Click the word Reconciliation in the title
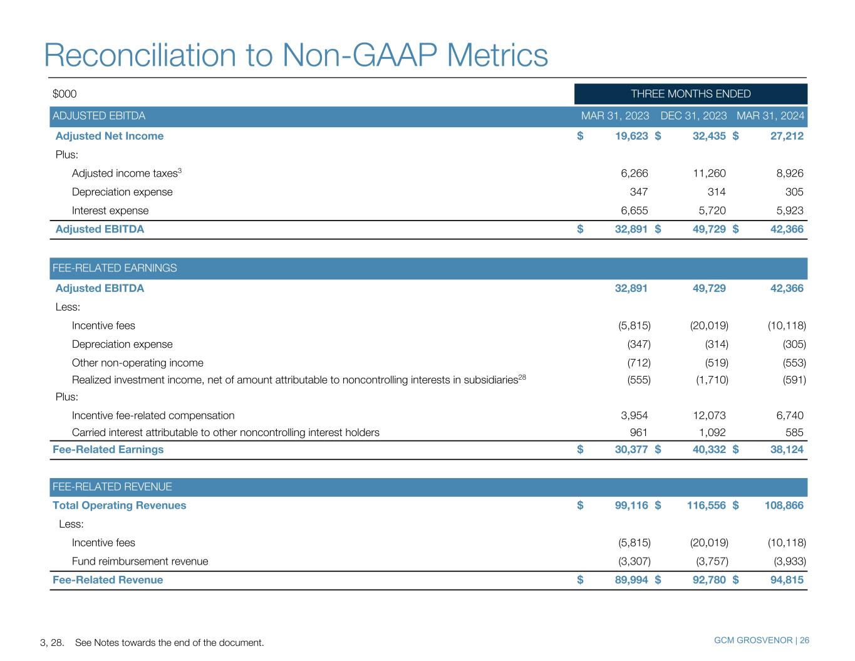click(x=140, y=55)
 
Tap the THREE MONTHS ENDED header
click(x=690, y=93)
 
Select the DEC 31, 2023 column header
click(x=693, y=116)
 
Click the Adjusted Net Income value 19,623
click(x=631, y=136)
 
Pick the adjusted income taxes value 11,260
click(x=709, y=173)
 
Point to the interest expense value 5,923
click(x=790, y=211)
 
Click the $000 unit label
click(x=65, y=93)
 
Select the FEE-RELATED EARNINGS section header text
click(x=115, y=268)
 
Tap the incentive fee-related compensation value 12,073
click(x=709, y=415)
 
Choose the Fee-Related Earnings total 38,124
click(x=787, y=449)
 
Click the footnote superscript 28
click(x=522, y=377)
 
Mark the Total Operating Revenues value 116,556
click(x=706, y=505)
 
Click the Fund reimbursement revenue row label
click(x=140, y=561)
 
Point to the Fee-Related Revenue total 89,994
click(x=631, y=580)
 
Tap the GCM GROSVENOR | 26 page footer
click(x=761, y=640)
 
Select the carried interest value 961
click(x=639, y=432)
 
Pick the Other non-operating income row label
click(x=137, y=363)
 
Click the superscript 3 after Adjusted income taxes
click(x=180, y=170)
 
